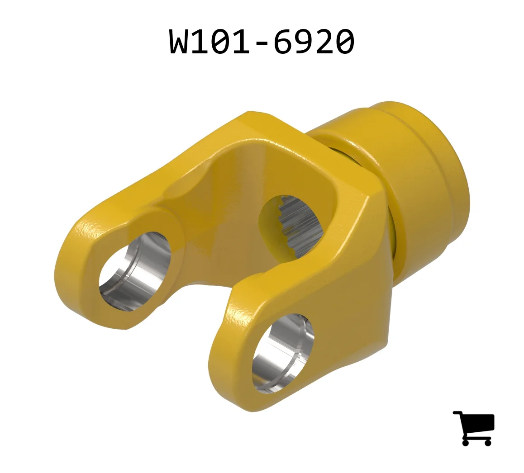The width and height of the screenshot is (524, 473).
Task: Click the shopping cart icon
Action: [x=474, y=428]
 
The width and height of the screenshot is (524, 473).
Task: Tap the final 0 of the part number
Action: [x=344, y=41]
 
